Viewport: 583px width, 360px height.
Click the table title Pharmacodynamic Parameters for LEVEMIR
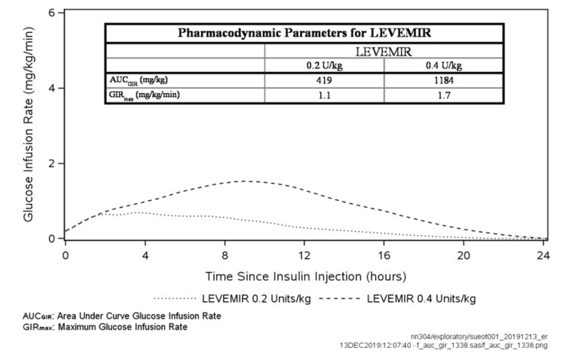pyautogui.click(x=303, y=33)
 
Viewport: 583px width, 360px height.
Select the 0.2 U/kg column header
pyautogui.click(x=324, y=64)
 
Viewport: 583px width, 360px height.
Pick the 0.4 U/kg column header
pyautogui.click(x=442, y=64)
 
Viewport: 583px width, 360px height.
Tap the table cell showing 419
pyautogui.click(x=324, y=79)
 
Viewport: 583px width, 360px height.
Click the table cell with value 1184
pyautogui.click(x=442, y=79)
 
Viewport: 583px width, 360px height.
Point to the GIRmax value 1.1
pyautogui.click(x=324, y=95)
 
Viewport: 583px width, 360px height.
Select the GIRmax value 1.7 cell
pyautogui.click(x=442, y=95)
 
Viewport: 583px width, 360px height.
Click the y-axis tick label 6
pyautogui.click(x=51, y=13)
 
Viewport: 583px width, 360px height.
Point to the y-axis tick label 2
pyautogui.click(x=51, y=164)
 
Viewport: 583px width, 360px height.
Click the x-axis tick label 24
pyautogui.click(x=543, y=254)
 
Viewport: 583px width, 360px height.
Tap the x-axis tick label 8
pyautogui.click(x=225, y=254)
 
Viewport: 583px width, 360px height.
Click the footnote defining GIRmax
pyautogui.click(x=103, y=327)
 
